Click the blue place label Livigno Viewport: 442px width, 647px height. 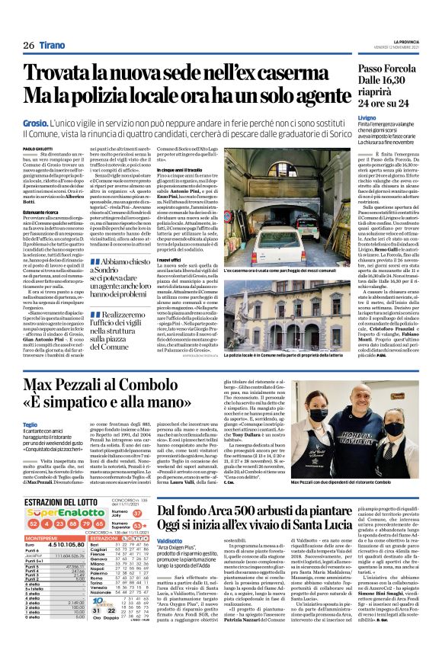click(346, 119)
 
